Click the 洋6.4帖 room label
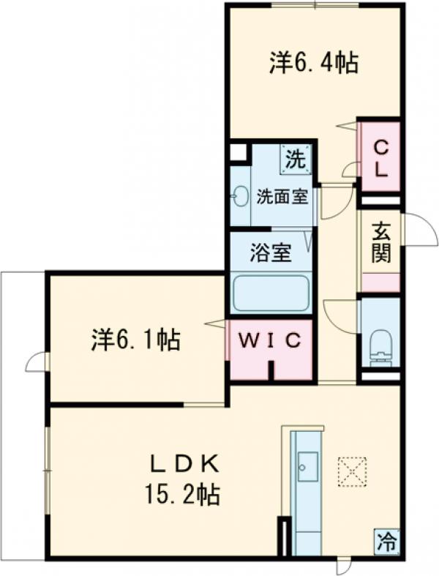(x=313, y=64)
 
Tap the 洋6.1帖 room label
(x=136, y=340)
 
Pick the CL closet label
(x=381, y=158)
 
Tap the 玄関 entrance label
(x=380, y=242)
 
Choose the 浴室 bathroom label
(x=271, y=253)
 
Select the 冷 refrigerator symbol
(x=387, y=542)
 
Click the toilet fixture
(x=380, y=344)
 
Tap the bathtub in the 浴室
(x=271, y=293)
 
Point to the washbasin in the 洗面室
(x=239, y=196)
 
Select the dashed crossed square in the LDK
(x=353, y=471)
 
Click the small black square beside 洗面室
(x=236, y=152)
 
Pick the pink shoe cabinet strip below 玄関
(x=380, y=283)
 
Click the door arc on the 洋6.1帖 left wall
(x=37, y=362)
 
